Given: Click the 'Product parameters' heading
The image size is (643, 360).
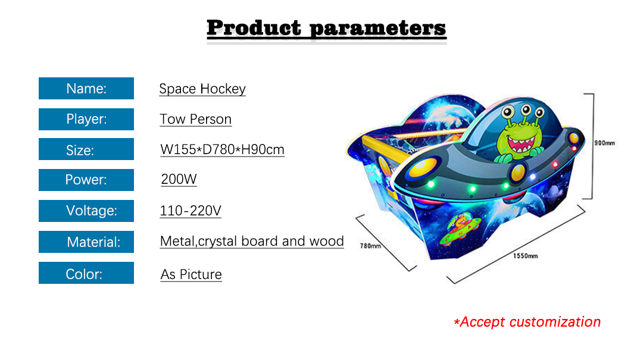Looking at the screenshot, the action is coord(326,28).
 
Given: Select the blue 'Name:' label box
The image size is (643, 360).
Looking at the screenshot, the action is coord(86,88).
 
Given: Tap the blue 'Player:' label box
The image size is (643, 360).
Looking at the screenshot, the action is coord(86,119).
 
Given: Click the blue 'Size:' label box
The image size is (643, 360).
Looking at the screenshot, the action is coord(86,149).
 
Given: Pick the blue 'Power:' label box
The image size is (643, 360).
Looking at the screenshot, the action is coord(86,180).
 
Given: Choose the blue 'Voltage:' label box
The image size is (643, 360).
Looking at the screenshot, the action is coord(86,211).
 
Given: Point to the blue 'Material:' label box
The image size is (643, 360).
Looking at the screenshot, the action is coord(86,242).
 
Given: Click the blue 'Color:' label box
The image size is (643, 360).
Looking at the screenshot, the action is coord(86,273).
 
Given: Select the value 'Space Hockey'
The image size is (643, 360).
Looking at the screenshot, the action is coord(202,89).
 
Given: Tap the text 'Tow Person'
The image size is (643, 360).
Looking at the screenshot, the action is coord(196,120).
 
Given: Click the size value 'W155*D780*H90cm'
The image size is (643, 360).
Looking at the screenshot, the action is coord(222,149).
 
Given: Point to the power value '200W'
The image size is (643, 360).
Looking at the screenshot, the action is coord(179,179).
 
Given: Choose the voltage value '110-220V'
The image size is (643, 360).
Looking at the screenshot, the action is coord(191,211).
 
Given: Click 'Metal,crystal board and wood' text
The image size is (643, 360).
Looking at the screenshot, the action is coord(252,241).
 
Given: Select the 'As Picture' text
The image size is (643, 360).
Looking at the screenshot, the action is coord(191,274).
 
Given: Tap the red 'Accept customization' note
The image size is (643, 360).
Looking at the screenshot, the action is coord(527,322).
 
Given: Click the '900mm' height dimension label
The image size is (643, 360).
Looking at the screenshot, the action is coord(604,143).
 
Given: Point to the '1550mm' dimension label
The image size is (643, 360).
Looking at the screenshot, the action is coord(525,256).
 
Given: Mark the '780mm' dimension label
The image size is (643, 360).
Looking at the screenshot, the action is coord(370,246).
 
